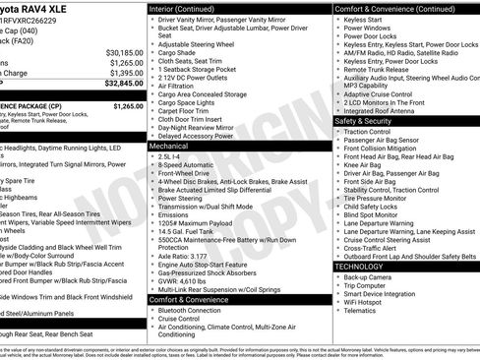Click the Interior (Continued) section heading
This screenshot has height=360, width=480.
(x=182, y=8)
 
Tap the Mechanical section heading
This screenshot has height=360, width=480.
(x=169, y=146)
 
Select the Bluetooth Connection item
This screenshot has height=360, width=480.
(x=191, y=311)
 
